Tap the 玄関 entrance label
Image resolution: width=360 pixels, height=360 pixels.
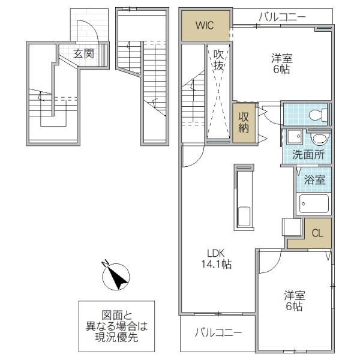pyautogui.click(x=84, y=53)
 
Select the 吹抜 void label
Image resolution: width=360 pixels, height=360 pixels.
pyautogui.click(x=218, y=60)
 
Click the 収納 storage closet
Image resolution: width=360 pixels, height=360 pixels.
pyautogui.click(x=244, y=122)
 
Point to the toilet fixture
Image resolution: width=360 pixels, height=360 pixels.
pyautogui.click(x=315, y=115)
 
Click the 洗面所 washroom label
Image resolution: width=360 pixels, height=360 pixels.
pyautogui.click(x=308, y=154)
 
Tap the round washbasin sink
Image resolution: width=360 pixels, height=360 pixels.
pyautogui.click(x=319, y=138)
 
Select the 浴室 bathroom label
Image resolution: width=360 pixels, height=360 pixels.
pyautogui.click(x=314, y=179)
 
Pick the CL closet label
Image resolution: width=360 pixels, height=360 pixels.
pyautogui.click(x=317, y=233)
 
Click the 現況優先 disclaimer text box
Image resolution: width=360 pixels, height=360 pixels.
pyautogui.click(x=116, y=326)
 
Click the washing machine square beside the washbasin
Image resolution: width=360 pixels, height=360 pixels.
pyautogui.click(x=295, y=137)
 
